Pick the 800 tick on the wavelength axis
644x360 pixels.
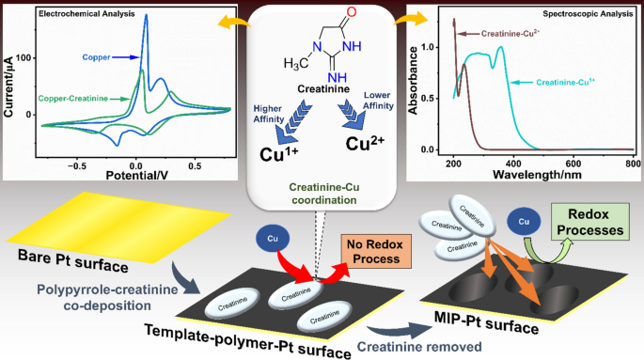tap(626, 164)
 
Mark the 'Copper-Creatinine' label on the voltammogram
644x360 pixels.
tap(80, 96)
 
